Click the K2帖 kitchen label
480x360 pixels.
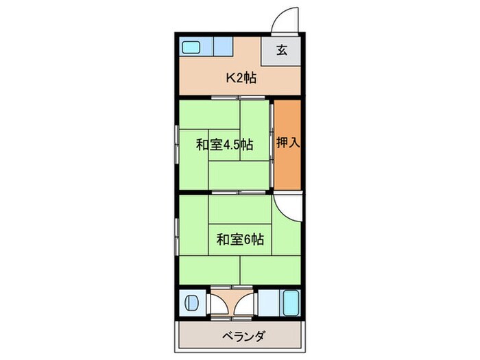pos(241,78)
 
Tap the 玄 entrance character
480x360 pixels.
pos(281,50)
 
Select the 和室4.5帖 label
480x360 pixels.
pos(224,145)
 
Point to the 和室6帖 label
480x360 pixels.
pos(240,239)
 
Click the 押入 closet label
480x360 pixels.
pos(287,144)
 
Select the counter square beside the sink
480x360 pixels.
pos(224,47)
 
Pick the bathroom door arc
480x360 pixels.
pos(245,299)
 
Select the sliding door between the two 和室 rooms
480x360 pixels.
pos(239,193)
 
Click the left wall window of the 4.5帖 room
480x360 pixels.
pos(177,145)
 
